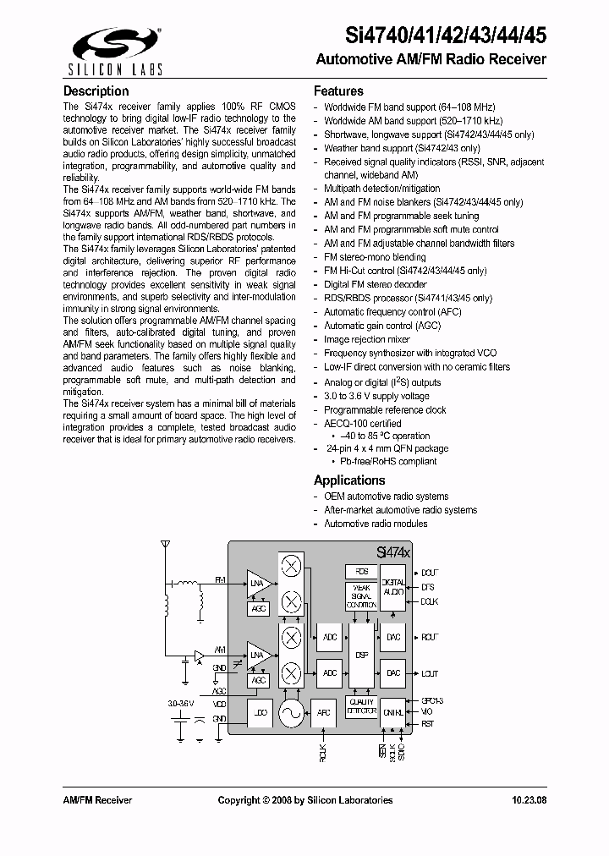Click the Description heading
96,91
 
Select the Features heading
338,91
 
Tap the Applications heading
349,480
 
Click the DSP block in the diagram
361,655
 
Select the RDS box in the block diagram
360,573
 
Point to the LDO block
260,714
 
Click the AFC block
324,714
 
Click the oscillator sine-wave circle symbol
291,714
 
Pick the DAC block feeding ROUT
393,637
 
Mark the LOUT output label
430,673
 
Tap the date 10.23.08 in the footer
529,800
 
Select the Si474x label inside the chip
393,551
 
